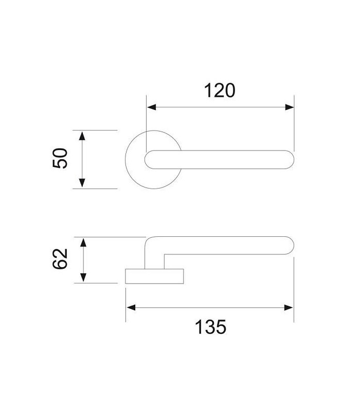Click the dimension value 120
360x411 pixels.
[x=220, y=90]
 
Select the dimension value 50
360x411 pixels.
[x=60, y=158]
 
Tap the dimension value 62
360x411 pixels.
[x=60, y=259]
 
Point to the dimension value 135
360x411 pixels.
[x=210, y=327]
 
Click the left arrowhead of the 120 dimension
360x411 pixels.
[x=151, y=107]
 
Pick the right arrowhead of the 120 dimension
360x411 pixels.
[x=290, y=107]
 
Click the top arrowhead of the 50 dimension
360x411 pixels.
[x=82, y=136]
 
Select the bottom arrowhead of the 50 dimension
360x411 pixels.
[x=82, y=183]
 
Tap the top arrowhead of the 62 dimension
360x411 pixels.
[x=83, y=242]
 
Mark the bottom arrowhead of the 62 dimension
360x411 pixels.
[x=83, y=277]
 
